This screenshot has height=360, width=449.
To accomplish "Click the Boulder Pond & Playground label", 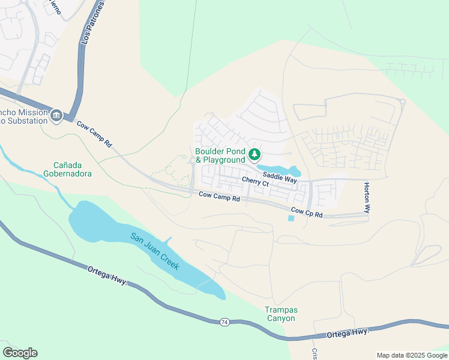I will (220, 155).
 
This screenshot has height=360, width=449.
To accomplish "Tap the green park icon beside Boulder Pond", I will (255, 155).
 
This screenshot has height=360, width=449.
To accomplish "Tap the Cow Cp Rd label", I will (307, 212).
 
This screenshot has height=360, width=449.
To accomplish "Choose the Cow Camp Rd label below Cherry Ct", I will (219, 196).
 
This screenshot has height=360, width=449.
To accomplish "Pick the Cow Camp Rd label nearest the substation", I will (94, 133).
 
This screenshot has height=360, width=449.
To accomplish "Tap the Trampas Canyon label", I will (280, 314).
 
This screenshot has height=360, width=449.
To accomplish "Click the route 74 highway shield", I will (224, 322).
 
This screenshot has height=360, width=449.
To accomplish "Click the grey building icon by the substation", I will (56, 115).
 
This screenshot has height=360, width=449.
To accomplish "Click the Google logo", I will (20, 353).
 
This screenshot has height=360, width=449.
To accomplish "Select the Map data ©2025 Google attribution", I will (411, 355).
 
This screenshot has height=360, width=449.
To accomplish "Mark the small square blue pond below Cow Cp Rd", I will (291, 218).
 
